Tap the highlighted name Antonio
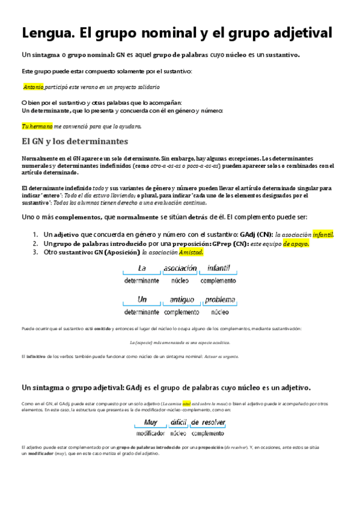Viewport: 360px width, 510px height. click(33, 87)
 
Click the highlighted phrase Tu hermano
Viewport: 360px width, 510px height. click(37, 126)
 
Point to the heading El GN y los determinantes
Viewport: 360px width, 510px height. click(74, 142)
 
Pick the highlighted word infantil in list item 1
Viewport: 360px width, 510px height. click(323, 235)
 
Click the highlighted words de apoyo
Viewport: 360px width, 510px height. click(296, 244)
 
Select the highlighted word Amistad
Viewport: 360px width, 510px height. click(191, 253)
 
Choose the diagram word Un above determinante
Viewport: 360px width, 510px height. click(142, 300)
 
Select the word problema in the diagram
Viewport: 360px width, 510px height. click(219, 300)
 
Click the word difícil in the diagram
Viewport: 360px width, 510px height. click(178, 422)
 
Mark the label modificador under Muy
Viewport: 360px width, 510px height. click(150, 433)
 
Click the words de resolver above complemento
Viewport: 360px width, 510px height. click(208, 422)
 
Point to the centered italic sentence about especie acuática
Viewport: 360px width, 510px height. click(180, 342)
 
